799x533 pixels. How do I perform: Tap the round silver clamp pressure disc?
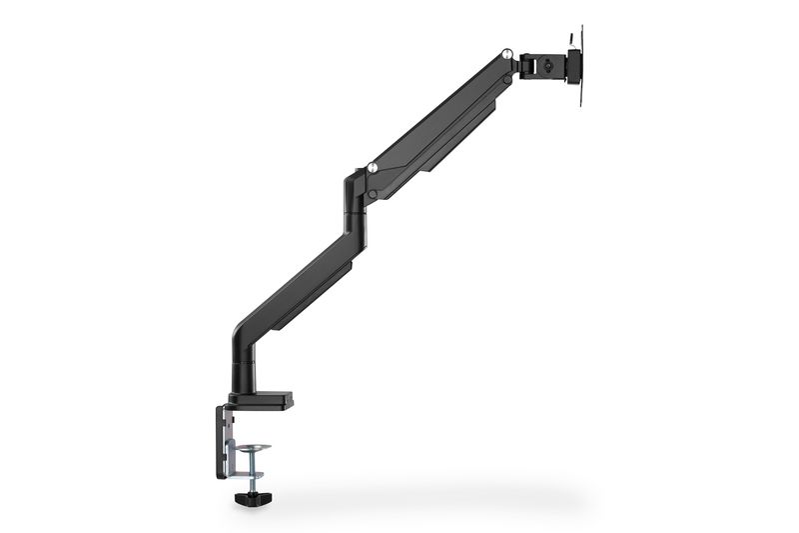[x=253, y=448]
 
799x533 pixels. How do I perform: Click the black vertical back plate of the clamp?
[x=220, y=440]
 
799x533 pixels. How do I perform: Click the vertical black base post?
[x=245, y=370]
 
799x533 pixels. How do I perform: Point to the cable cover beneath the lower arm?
[x=315, y=290]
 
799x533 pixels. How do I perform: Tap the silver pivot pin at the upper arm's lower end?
[x=372, y=168]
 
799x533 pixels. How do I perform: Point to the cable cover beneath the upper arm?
[x=454, y=135]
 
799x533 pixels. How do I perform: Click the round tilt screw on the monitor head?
[x=548, y=68]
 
